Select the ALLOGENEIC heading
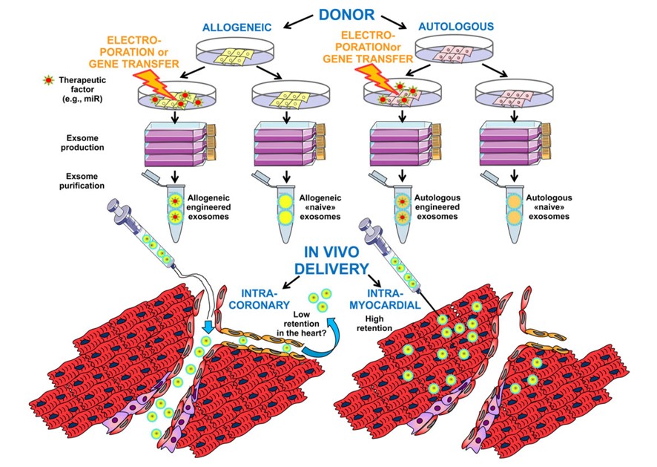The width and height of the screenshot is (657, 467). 237,27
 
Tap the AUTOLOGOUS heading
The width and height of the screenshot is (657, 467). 455,27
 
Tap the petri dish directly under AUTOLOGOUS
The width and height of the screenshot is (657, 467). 455,53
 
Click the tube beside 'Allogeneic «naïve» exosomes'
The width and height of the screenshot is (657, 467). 283,214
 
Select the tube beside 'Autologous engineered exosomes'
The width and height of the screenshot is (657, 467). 401,214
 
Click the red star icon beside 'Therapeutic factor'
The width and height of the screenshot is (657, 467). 53,78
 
